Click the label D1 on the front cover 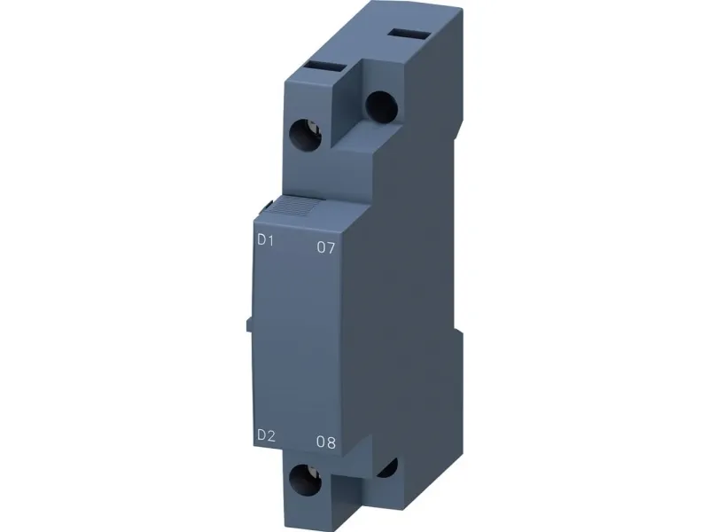[x=265, y=240]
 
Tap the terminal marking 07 [x=326, y=247]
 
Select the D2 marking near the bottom [x=266, y=435]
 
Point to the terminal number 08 [x=326, y=442]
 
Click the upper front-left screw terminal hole [x=305, y=135]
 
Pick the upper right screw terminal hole [x=382, y=107]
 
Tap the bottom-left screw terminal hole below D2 [x=305, y=480]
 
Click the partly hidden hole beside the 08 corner [x=388, y=468]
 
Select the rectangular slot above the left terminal [x=325, y=66]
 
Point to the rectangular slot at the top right [x=409, y=34]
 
